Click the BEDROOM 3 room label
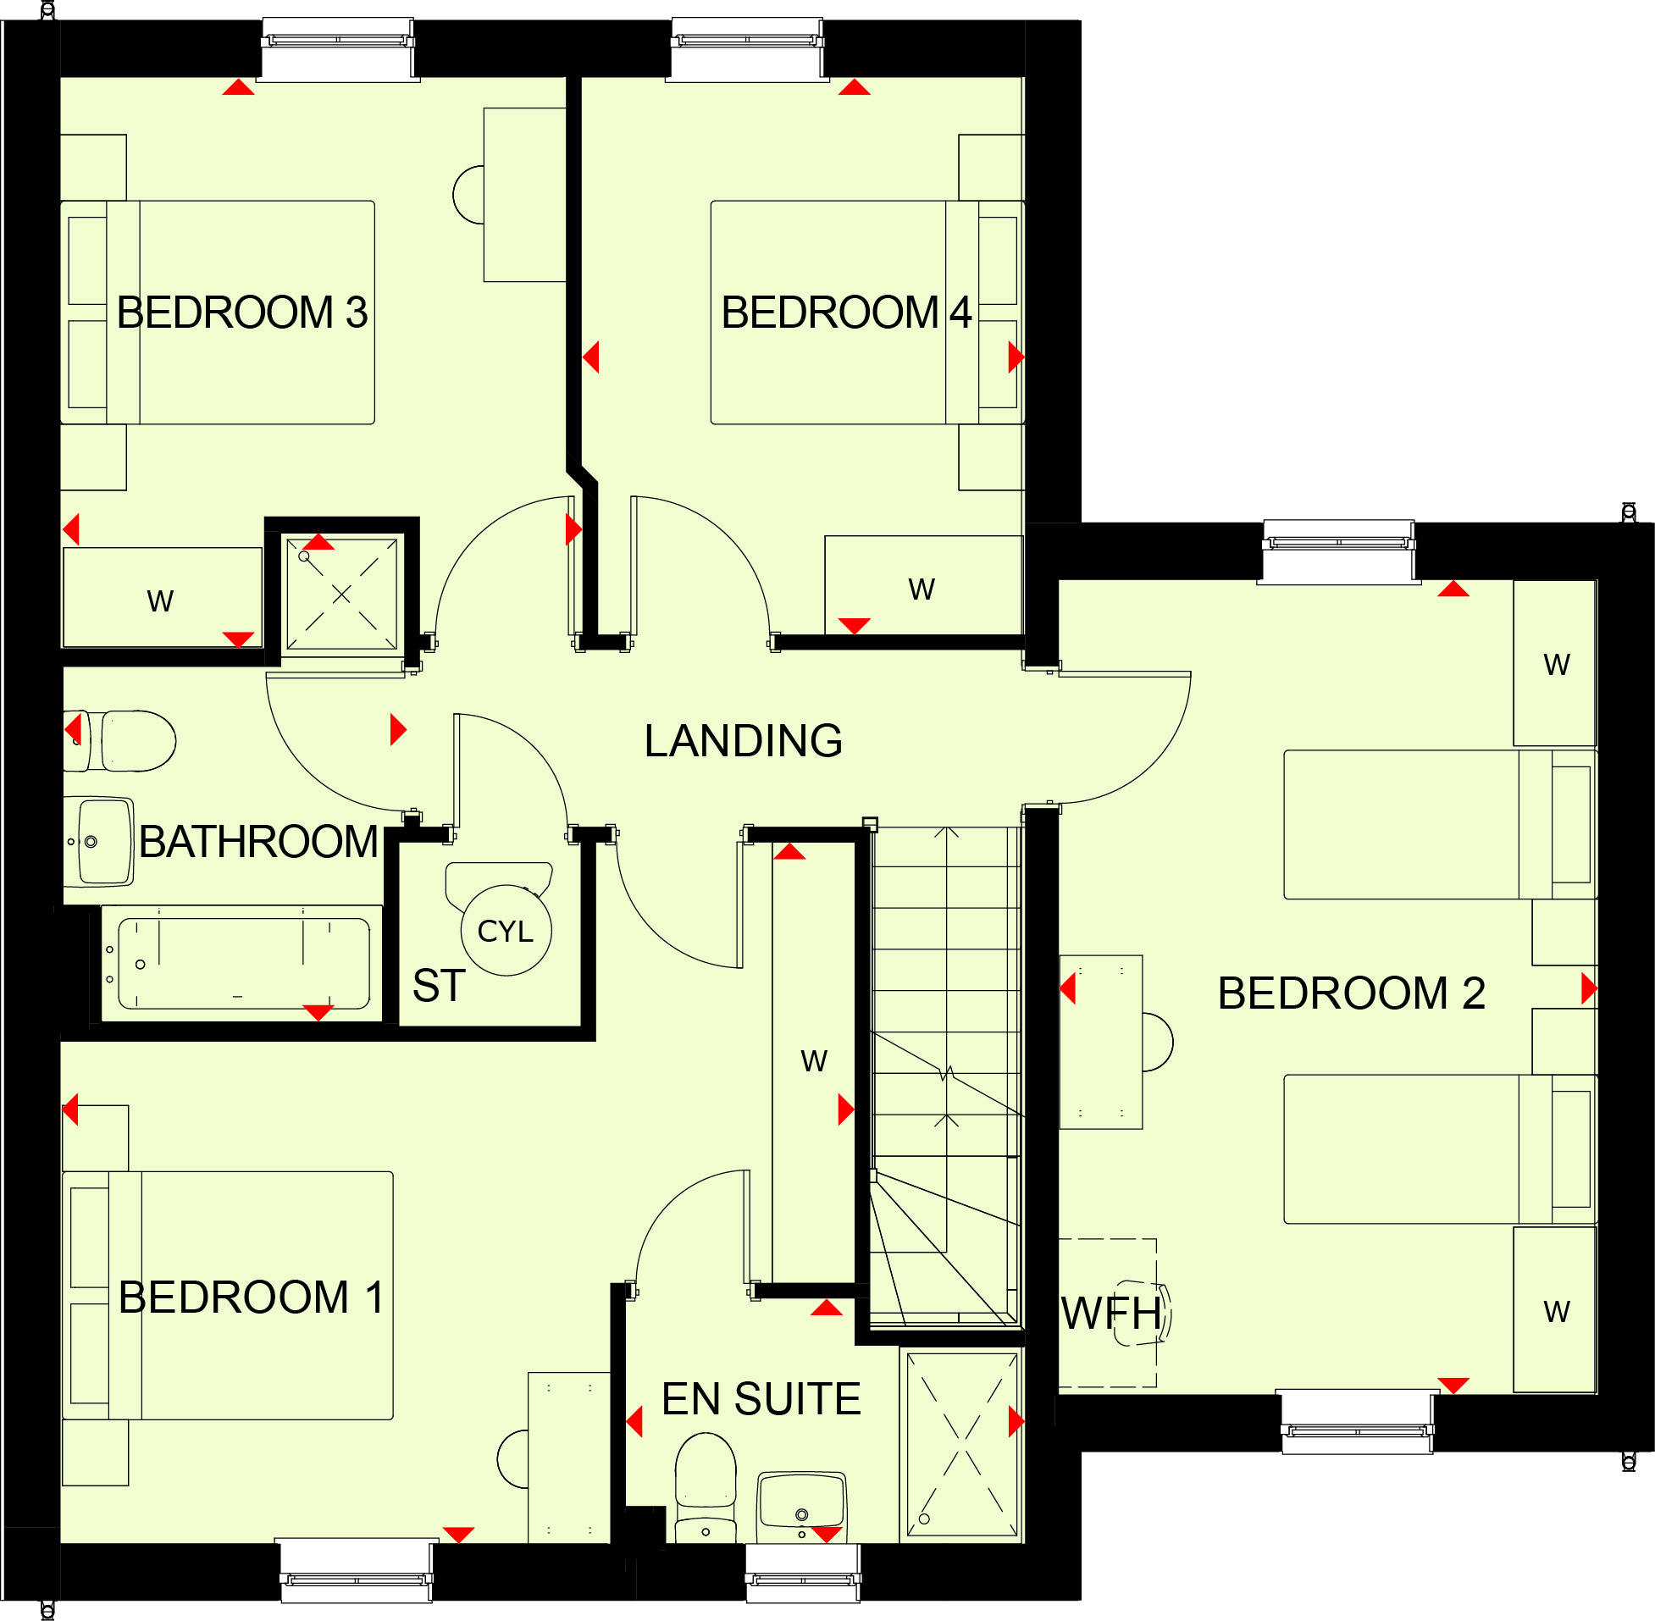click(242, 313)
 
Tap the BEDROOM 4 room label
click(846, 313)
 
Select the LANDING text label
click(743, 741)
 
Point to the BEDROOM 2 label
click(1351, 993)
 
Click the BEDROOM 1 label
click(251, 1297)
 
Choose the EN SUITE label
click(761, 1399)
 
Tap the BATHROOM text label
click(258, 842)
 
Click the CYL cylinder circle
click(506, 931)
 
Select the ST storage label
click(439, 986)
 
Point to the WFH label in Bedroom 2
click(1110, 1313)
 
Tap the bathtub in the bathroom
click(242, 963)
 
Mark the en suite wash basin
click(801, 1505)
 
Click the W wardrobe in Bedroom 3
click(162, 598)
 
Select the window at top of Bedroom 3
click(338, 49)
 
